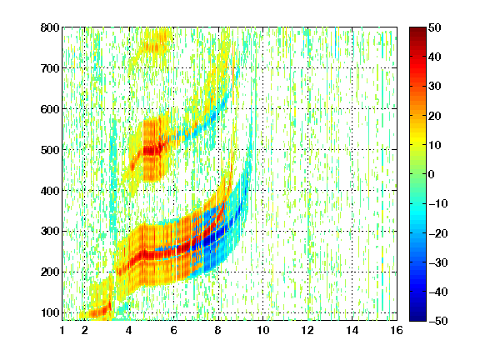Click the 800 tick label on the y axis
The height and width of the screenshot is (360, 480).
tap(50, 27)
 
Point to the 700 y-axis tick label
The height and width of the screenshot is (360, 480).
tap(50, 68)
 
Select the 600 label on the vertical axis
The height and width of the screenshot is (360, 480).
tap(50, 109)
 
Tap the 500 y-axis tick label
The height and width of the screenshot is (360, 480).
tap(50, 150)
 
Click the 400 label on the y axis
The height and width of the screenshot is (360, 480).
tap(50, 191)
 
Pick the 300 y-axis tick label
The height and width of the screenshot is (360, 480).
tap(50, 232)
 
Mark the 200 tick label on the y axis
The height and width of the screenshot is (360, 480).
tap(50, 272)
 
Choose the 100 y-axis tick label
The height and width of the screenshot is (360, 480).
tap(50, 312)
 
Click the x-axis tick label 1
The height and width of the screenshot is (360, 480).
tap(62, 330)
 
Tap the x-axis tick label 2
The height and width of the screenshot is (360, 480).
tap(85, 330)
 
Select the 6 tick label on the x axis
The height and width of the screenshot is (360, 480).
tap(174, 330)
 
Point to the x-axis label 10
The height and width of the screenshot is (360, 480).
tap(263, 330)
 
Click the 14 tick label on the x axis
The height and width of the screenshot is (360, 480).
tap(352, 330)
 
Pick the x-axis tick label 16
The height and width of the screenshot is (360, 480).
tap(397, 330)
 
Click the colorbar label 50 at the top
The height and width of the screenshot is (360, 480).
tap(435, 27)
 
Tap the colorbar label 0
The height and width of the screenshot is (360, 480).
tap(432, 174)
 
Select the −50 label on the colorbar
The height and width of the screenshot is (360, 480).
tap(438, 321)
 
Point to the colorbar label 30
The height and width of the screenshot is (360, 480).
tap(435, 87)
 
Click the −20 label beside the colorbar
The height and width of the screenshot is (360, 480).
tap(438, 233)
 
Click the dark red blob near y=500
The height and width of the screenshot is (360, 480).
tap(152, 150)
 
